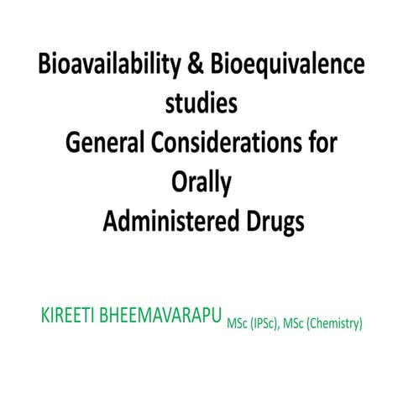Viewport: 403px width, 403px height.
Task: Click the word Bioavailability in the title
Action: point(107,66)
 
